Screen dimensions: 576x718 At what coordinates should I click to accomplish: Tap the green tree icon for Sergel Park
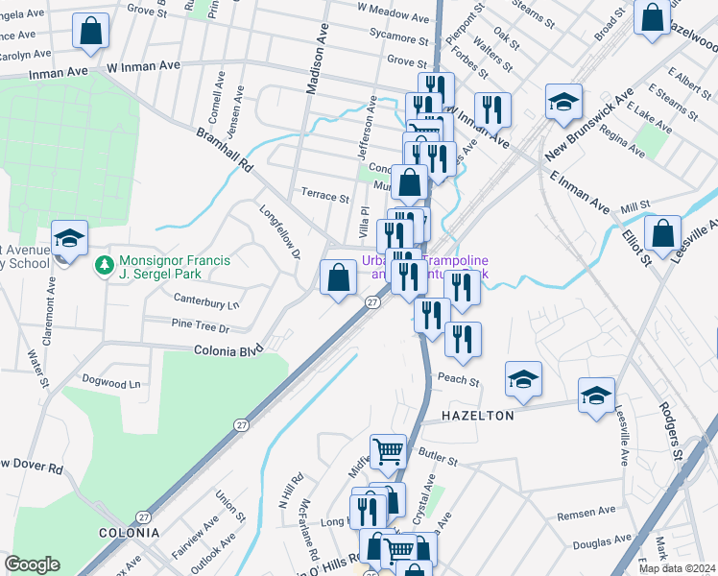tap(104, 263)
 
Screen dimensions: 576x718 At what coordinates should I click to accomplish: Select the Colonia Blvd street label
tap(228, 351)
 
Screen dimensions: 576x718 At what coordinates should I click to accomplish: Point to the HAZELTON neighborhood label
tap(478, 416)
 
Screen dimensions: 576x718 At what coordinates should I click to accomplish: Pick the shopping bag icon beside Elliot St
tap(662, 231)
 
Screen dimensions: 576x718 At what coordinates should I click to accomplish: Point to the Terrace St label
tap(325, 197)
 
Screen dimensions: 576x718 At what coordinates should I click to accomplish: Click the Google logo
tap(32, 564)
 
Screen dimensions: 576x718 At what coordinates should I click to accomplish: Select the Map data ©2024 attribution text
tap(677, 568)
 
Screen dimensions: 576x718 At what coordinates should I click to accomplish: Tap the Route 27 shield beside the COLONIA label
tap(144, 516)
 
